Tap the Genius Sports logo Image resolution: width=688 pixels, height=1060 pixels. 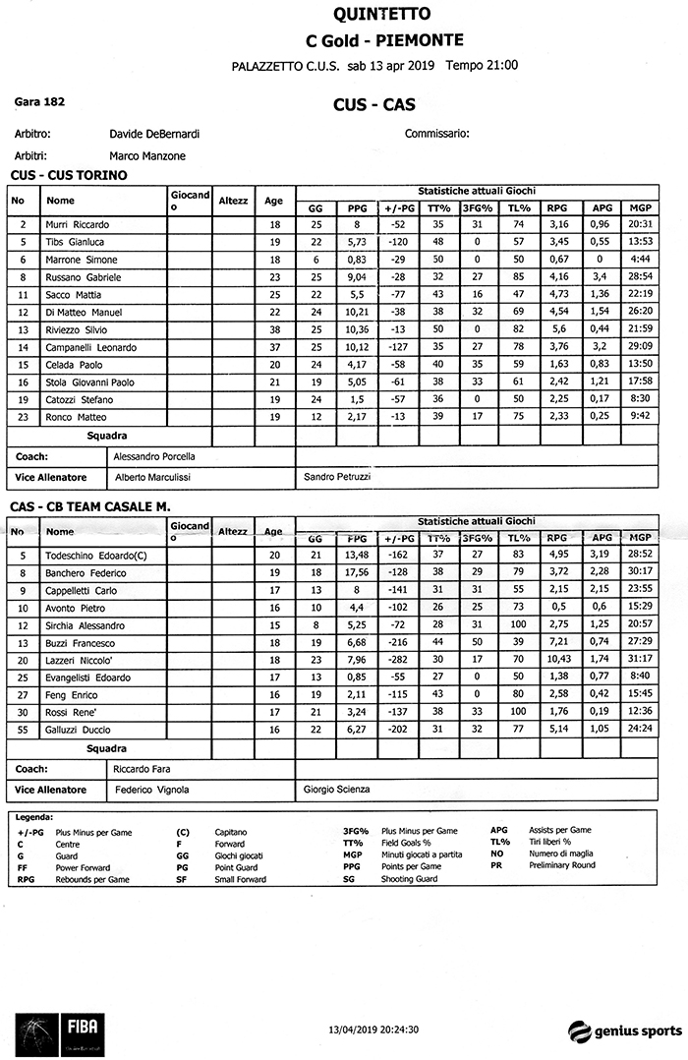624,1031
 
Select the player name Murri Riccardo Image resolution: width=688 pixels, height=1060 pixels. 78,224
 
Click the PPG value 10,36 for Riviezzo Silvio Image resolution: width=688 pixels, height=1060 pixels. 357,329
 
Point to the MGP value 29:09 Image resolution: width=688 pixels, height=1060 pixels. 641,347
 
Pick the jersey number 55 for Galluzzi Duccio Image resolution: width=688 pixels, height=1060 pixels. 23,730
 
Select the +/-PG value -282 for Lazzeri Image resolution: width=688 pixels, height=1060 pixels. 398,660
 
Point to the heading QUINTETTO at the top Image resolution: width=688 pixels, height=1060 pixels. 369,15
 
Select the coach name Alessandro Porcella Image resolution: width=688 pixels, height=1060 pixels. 155,456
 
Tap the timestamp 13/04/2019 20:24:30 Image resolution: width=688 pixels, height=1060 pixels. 373,1030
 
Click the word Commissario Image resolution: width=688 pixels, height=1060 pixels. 436,134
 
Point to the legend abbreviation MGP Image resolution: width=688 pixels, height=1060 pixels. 350,854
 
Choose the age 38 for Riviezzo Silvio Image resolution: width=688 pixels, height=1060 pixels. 275,329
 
